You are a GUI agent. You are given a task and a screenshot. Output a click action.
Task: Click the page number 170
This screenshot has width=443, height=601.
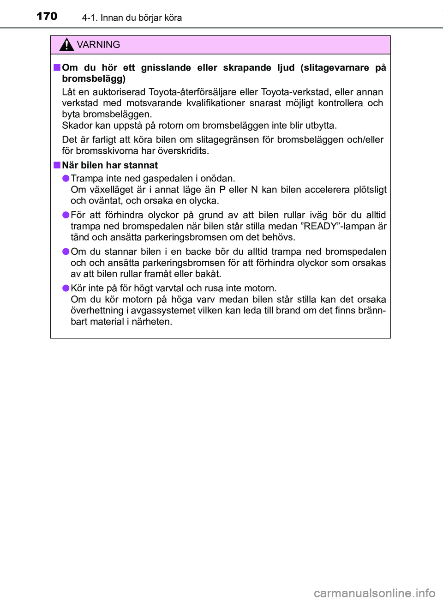point(47,17)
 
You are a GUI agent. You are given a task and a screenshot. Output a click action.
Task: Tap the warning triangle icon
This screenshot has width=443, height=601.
point(66,45)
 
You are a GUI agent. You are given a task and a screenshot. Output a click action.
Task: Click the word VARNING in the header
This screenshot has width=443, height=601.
point(98,45)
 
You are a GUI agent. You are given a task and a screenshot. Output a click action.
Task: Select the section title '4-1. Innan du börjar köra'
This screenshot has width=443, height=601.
point(132,18)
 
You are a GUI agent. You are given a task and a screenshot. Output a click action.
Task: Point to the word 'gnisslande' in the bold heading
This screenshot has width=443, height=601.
point(166,68)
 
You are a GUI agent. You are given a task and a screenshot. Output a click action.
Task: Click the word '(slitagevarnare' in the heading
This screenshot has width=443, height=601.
point(335,68)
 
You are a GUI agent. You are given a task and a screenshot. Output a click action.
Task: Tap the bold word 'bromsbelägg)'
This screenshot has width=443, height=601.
point(94,79)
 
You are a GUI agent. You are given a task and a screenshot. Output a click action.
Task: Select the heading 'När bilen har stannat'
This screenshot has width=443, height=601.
point(110,166)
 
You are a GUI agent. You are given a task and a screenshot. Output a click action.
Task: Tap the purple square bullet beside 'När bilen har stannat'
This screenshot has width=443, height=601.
point(57,165)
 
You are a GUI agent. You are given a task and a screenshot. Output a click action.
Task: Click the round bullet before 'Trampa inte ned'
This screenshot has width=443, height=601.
point(66,178)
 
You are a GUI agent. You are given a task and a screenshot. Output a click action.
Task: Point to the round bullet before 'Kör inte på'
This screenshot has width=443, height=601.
point(66,288)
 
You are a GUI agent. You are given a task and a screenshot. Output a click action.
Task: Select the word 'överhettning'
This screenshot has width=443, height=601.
point(97,311)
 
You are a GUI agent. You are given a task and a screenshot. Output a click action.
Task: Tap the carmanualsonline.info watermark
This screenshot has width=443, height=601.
point(374,593)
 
